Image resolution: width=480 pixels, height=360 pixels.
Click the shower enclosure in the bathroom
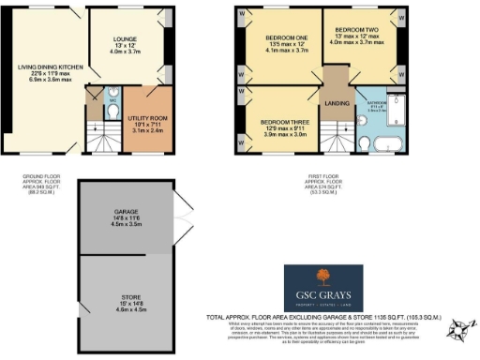(x=394, y=108)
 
